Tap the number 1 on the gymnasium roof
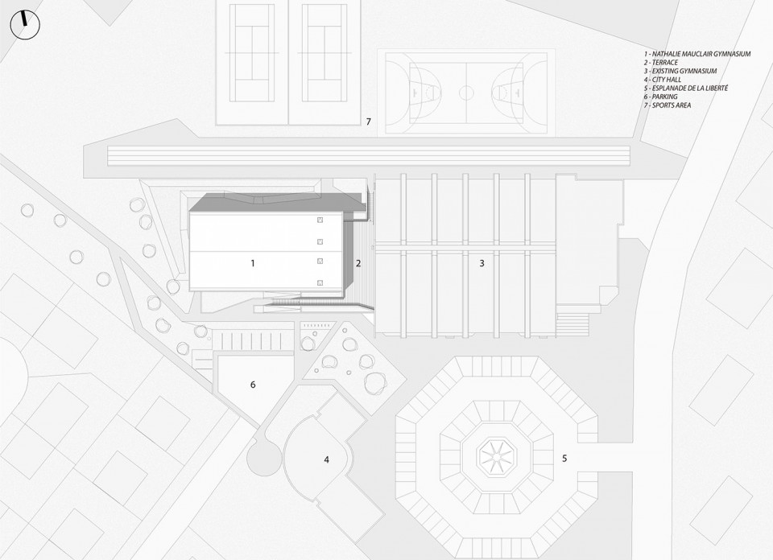pyautogui.click(x=253, y=263)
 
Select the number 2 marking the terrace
pyautogui.click(x=358, y=263)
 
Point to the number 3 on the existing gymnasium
pyautogui.click(x=482, y=263)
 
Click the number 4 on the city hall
pyautogui.click(x=326, y=459)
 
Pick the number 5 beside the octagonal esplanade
pyautogui.click(x=564, y=459)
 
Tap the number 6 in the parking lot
pyautogui.click(x=253, y=384)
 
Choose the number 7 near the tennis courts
pyautogui.click(x=368, y=121)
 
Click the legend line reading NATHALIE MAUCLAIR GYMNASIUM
pyautogui.click(x=697, y=54)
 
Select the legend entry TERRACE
pyautogui.click(x=660, y=63)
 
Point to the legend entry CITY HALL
pyautogui.click(x=662, y=80)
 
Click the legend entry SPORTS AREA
pyautogui.click(x=667, y=105)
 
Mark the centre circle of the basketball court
pyautogui.click(x=466, y=93)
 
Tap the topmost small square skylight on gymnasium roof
pyautogui.click(x=320, y=220)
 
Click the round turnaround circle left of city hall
pyautogui.click(x=265, y=459)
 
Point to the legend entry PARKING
pyautogui.click(x=660, y=97)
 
